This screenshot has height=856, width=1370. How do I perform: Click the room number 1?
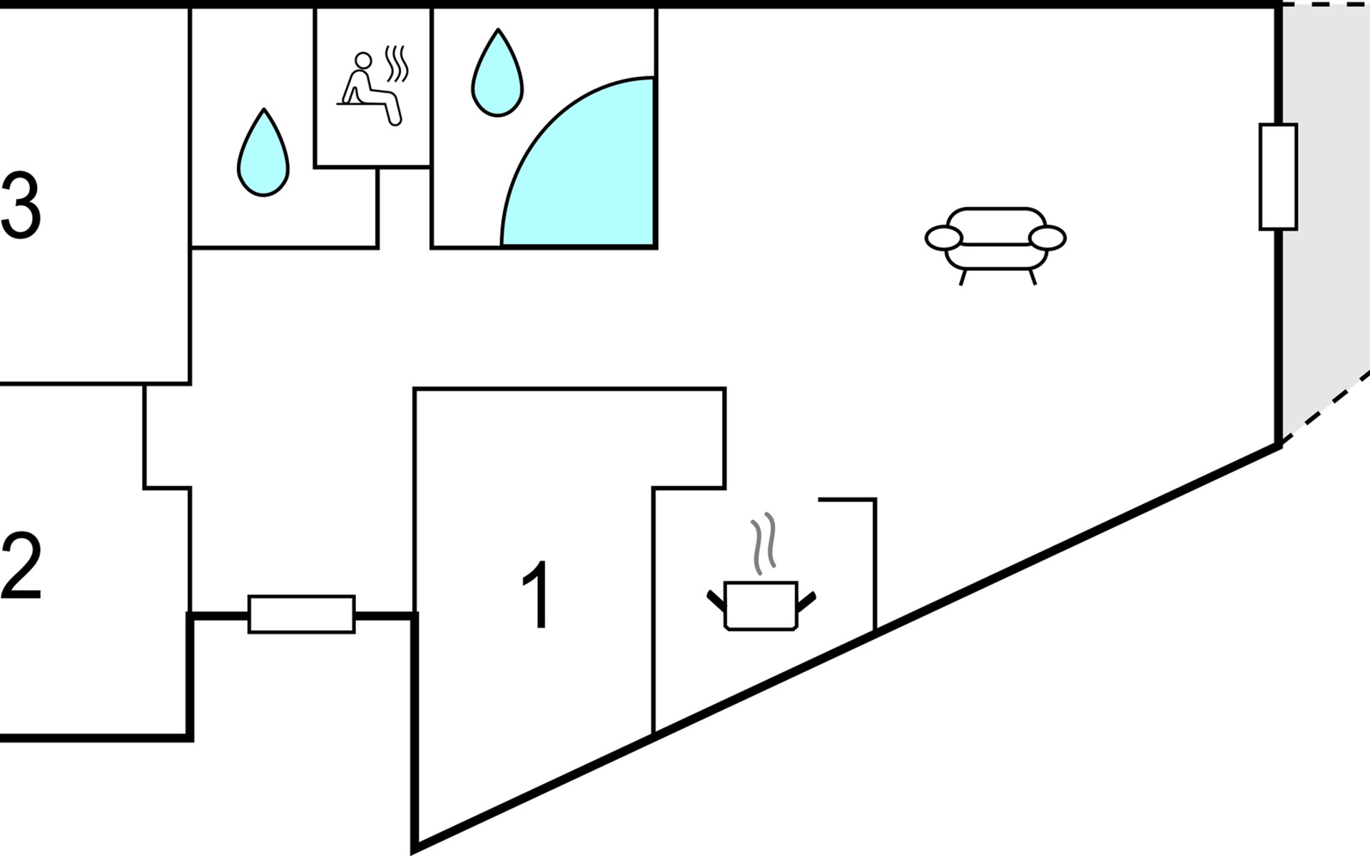(537, 595)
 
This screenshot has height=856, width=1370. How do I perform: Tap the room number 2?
(21, 568)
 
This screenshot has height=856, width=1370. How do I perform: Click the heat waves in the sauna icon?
(396, 64)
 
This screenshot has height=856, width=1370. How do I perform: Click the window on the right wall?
(1278, 177)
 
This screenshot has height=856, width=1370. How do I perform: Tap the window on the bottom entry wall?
(301, 614)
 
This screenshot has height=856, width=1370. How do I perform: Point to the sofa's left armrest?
(943, 238)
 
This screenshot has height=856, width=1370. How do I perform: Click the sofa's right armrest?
(1047, 238)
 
